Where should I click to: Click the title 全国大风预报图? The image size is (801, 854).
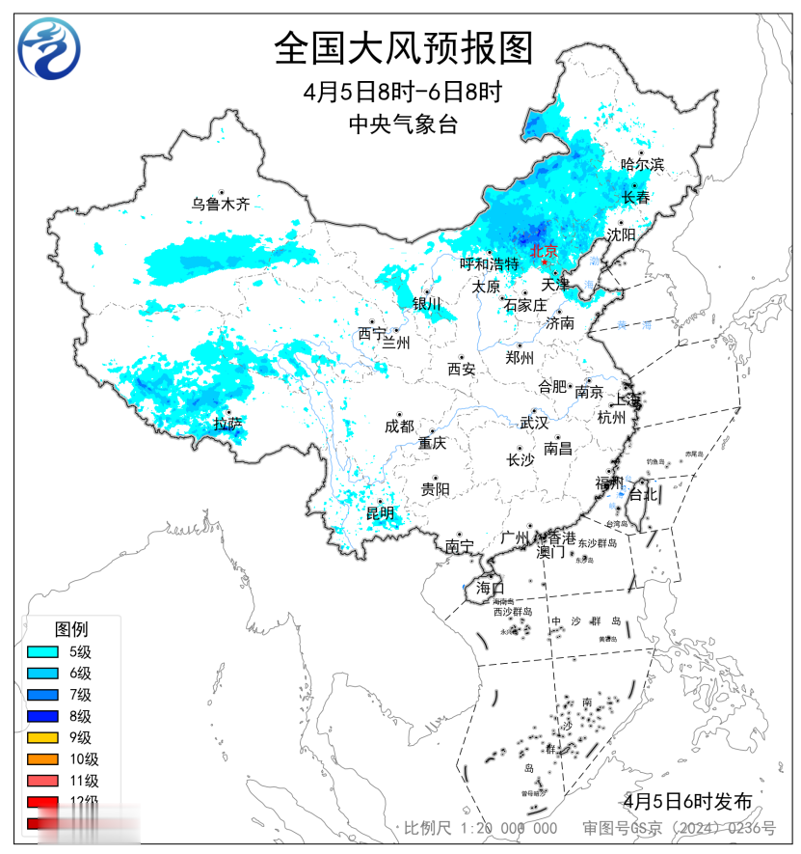[403, 47]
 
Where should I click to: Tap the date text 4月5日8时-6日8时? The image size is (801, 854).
[403, 93]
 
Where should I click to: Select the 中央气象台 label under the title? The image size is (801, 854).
[402, 124]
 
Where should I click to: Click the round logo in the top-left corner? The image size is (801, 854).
[50, 48]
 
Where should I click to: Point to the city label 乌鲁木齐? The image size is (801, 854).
[220, 204]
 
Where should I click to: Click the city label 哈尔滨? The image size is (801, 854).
[642, 165]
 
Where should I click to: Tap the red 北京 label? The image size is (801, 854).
[544, 251]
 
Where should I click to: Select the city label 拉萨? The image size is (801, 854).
[227, 423]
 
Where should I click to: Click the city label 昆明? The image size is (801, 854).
[380, 512]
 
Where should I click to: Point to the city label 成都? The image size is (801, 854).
[399, 427]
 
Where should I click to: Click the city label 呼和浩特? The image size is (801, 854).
[489, 263]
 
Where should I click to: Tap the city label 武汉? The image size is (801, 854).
[533, 423]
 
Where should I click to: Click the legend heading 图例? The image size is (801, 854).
[70, 629]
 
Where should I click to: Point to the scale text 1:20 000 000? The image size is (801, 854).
[508, 828]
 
